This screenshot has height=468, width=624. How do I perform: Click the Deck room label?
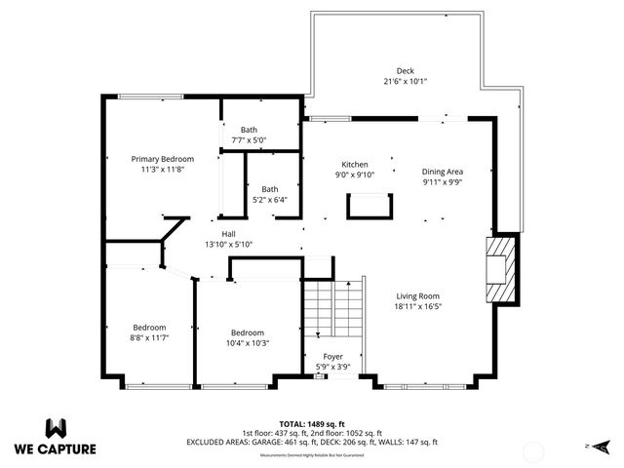pos(405,70)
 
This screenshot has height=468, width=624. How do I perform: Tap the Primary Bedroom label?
pos(163,159)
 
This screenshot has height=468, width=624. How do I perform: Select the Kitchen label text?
pos(354,164)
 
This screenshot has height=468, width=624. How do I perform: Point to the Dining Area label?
pos(443,171)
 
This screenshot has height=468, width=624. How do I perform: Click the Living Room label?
pos(418,296)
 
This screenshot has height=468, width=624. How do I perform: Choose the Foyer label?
pos(332,357)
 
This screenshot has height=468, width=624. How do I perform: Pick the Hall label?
pos(228,234)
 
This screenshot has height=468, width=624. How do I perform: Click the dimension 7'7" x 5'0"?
pos(249,140)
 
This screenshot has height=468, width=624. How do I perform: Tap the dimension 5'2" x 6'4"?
pos(269,200)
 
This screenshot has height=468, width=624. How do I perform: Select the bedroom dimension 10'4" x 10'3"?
pos(249,342)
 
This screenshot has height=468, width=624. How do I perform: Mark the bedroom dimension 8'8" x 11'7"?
pos(149,337)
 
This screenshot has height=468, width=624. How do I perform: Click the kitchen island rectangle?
pos(368,206)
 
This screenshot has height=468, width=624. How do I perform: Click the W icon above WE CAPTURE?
pos(56,428)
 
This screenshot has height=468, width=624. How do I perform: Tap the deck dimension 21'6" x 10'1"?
pos(405,81)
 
